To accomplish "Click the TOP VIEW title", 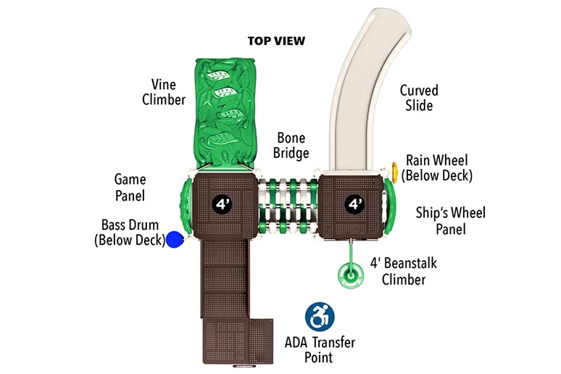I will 276,41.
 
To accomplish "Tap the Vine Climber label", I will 163,92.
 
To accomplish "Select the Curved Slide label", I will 419,98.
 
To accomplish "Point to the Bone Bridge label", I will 291,145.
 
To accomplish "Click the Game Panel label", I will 130,187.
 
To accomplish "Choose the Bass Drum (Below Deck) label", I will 130,232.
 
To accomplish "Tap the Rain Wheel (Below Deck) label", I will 437,167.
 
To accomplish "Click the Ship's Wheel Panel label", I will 450,221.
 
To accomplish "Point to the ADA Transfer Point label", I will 318,349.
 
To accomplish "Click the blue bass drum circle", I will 175,239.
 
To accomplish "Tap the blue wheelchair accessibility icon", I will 319,317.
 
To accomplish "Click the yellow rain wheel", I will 395,171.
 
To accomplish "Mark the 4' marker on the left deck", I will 221,204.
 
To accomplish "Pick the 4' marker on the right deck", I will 354,204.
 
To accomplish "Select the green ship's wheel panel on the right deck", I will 389,204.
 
